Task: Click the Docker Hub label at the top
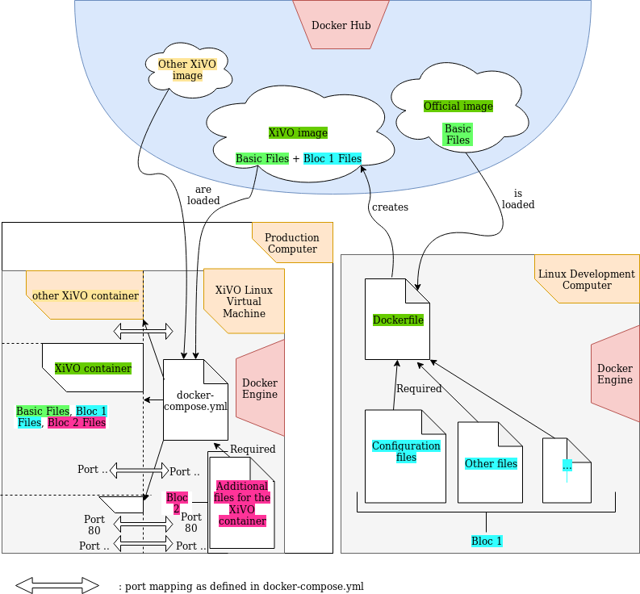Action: coord(341,26)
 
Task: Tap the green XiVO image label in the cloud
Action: coord(298,133)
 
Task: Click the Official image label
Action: coord(458,107)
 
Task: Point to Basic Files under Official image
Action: coord(458,134)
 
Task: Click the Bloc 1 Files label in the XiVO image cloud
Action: coord(333,159)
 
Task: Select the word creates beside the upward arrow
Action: coord(390,207)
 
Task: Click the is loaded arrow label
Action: coord(518,199)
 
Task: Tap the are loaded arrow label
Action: coord(203,195)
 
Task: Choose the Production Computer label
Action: coord(292,243)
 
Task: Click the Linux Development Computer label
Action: coord(587,279)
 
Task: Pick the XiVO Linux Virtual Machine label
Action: coord(244,302)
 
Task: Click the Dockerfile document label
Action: coord(398,320)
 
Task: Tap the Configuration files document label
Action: coord(406,451)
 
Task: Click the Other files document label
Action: coord(491,464)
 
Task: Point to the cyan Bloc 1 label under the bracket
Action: coord(487,541)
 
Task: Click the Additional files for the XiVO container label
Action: coord(242,504)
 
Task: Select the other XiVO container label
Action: coord(86,296)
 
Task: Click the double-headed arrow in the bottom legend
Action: coord(56,586)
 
